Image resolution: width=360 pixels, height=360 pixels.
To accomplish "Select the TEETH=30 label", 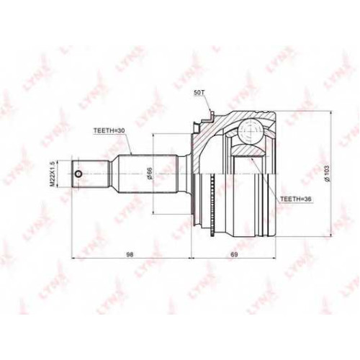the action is [x=109, y=130].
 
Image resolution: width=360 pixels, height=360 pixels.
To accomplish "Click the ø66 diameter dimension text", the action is [x=149, y=174].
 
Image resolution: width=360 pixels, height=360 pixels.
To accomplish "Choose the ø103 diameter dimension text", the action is [x=327, y=174].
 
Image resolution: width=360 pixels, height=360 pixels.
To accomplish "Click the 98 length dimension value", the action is [x=130, y=255].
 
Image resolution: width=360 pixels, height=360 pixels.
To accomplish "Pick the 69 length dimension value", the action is [x=234, y=255].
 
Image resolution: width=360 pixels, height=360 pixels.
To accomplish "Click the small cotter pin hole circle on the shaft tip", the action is [x=78, y=174].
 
